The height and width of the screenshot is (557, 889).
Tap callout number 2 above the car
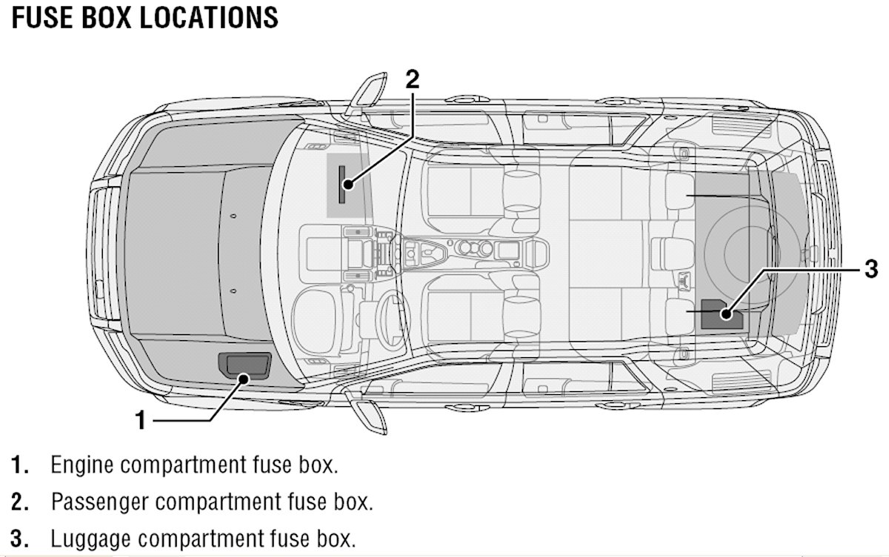coord(413,79)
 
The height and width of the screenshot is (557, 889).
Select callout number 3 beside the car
coord(871,267)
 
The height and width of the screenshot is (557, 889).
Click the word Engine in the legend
coord(82,467)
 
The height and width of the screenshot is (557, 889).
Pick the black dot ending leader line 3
coord(727,314)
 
